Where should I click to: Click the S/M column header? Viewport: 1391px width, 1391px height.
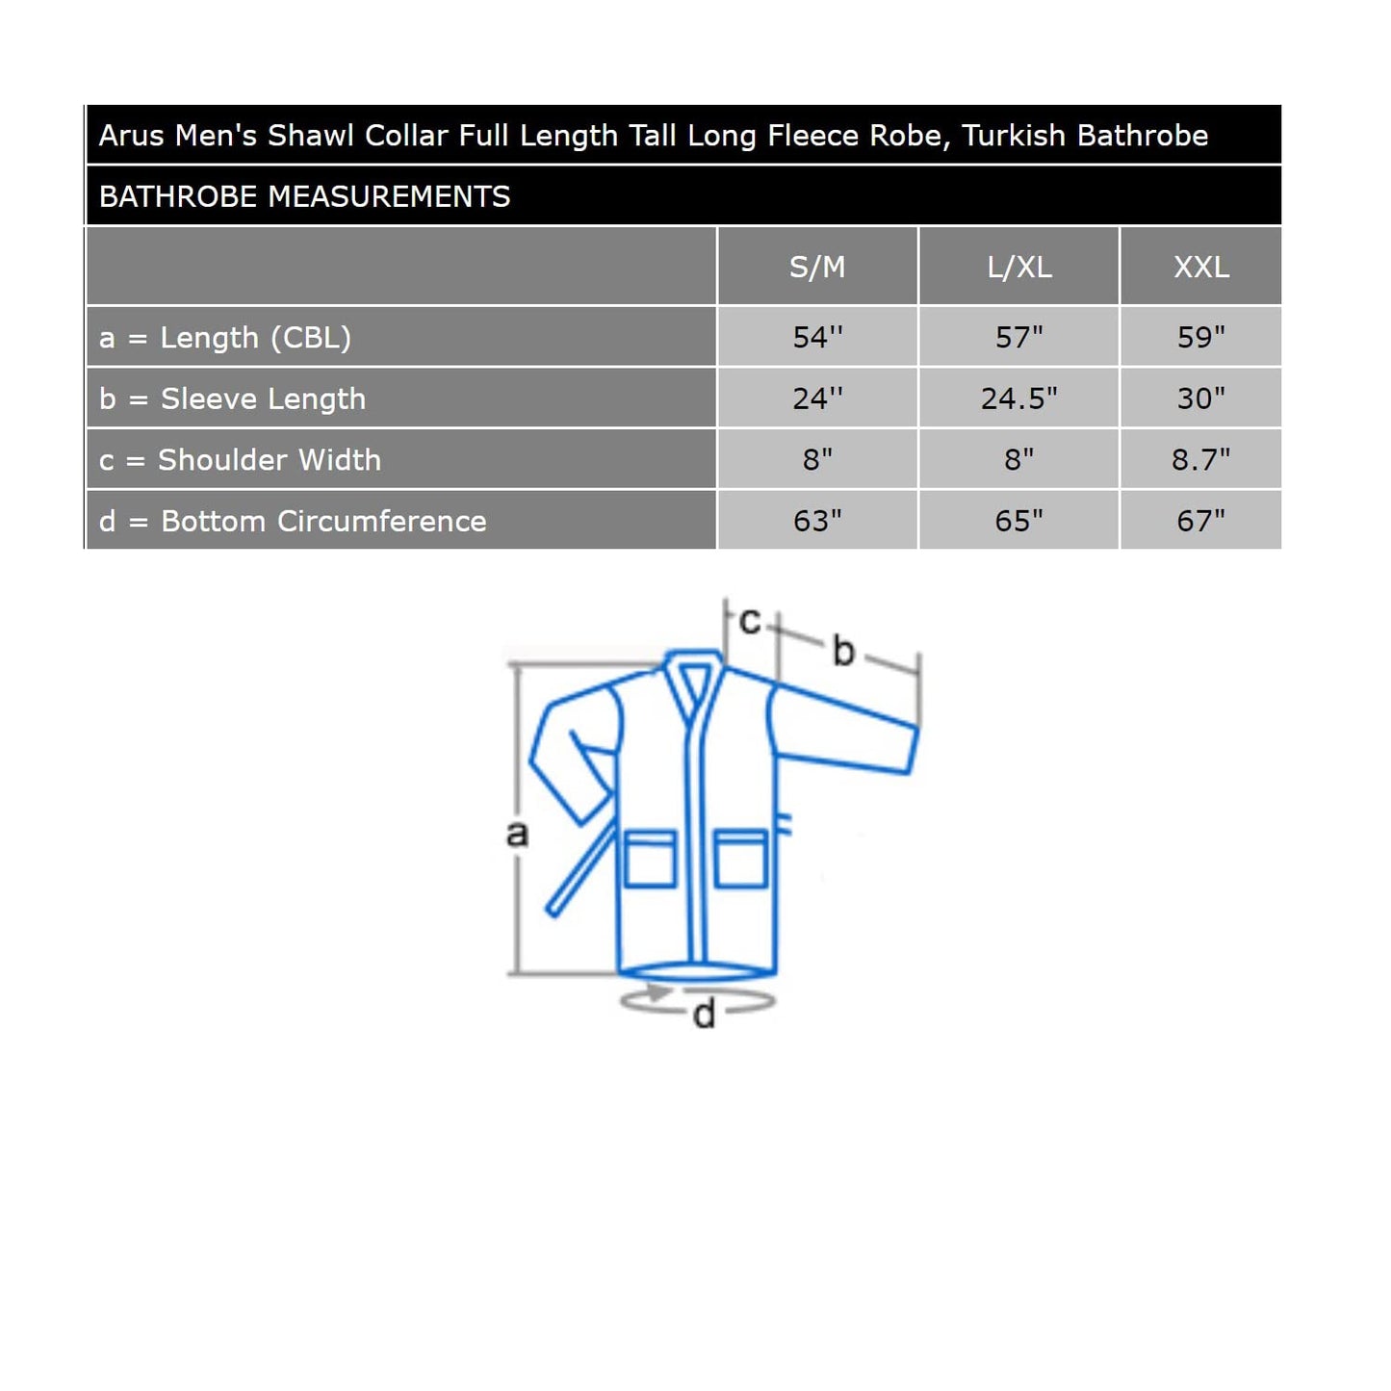click(816, 267)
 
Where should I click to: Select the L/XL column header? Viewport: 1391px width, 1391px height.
click(1018, 267)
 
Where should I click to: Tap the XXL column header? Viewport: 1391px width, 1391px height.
click(1200, 267)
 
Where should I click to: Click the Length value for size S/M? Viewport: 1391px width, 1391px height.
click(816, 337)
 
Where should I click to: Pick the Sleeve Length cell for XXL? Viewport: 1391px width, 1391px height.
click(1200, 399)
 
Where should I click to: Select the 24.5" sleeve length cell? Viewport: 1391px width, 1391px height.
click(1018, 399)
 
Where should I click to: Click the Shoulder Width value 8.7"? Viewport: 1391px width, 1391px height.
click(1200, 460)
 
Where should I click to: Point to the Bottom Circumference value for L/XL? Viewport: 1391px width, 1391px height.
click(1018, 521)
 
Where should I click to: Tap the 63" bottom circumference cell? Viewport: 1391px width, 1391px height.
click(816, 521)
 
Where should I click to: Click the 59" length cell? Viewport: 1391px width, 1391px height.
click(1200, 337)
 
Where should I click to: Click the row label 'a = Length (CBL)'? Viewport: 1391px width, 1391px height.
click(225, 337)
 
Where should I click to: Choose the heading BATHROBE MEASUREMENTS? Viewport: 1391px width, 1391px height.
click(304, 196)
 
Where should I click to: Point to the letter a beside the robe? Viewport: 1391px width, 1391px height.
click(517, 833)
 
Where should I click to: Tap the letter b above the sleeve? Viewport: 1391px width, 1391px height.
click(843, 651)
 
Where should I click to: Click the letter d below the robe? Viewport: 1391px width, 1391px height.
click(704, 1015)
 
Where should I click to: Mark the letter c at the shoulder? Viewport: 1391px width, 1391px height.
click(749, 621)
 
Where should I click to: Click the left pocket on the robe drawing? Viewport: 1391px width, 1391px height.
click(650, 859)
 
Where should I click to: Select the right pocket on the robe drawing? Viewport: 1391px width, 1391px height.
click(740, 858)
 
